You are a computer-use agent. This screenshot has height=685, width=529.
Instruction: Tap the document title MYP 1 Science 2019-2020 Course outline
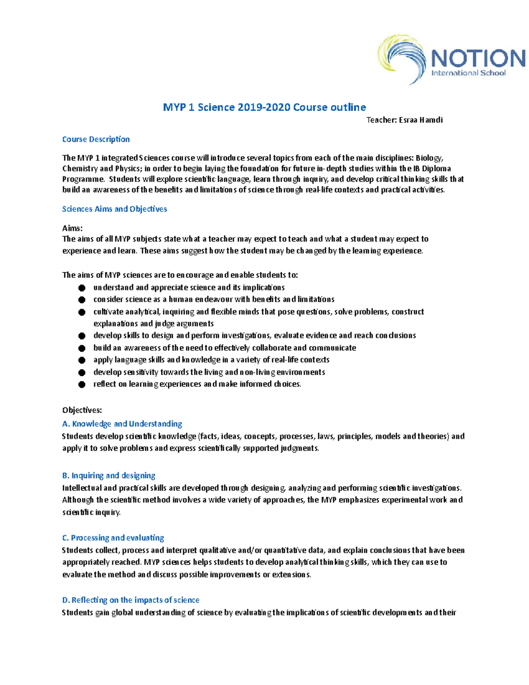(x=264, y=107)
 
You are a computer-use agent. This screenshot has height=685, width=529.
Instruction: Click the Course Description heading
(x=96, y=139)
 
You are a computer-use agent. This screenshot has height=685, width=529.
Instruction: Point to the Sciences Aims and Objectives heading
(x=114, y=209)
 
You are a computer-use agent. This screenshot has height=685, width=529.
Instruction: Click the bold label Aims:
(x=72, y=228)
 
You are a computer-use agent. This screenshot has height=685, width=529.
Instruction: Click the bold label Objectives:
(x=82, y=410)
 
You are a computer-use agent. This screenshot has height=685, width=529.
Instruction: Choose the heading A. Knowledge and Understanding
(x=122, y=424)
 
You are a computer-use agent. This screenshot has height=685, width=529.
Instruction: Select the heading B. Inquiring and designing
(x=108, y=475)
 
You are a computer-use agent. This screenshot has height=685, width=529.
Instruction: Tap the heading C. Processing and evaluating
(x=113, y=538)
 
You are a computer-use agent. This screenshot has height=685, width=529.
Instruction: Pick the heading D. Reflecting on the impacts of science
(x=130, y=600)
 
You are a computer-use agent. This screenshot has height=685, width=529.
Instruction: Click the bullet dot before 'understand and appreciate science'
(x=82, y=288)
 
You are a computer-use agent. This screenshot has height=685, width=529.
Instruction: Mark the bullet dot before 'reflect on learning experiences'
(x=82, y=384)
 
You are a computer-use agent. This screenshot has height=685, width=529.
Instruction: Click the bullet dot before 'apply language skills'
(x=82, y=360)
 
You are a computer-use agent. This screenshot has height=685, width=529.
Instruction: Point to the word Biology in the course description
(x=429, y=158)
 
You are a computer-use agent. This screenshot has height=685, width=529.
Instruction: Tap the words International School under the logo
(x=468, y=73)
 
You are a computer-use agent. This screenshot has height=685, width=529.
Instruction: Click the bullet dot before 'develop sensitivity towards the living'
(x=82, y=372)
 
